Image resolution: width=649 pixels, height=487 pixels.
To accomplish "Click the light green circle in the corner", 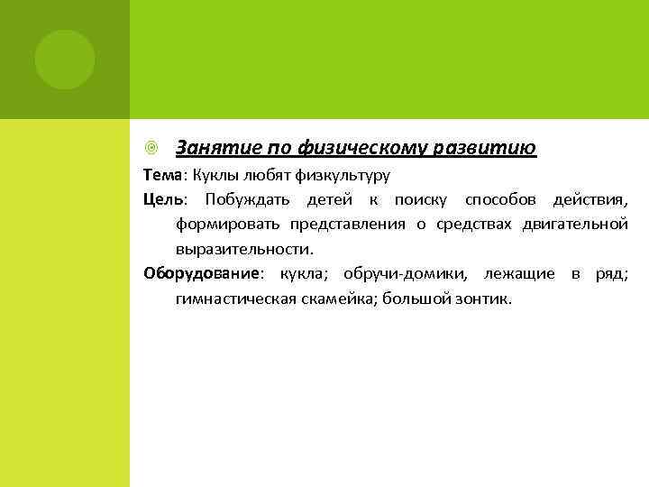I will [x=65, y=60].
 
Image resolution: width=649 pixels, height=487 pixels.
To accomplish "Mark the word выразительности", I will [x=244, y=248].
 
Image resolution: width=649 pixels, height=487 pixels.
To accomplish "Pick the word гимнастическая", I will [x=235, y=299].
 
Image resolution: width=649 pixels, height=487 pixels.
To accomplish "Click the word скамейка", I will [x=339, y=299].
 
